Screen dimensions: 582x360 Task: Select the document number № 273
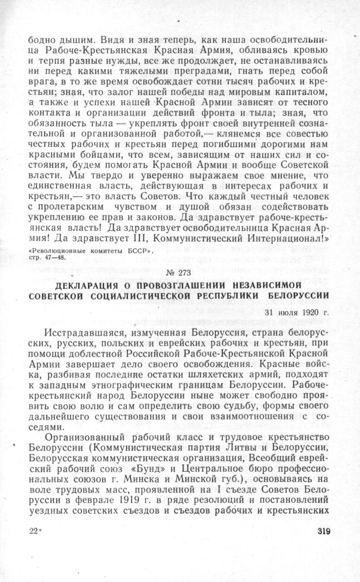coord(179,272)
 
